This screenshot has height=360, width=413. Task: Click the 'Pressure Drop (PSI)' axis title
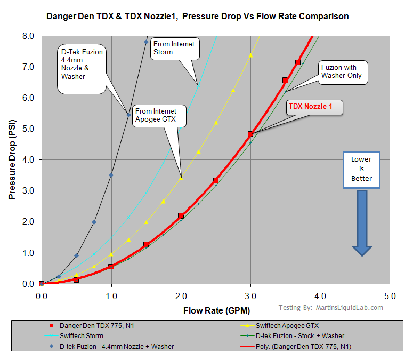tap(12, 160)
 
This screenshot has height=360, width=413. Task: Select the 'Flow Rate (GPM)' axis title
tap(216, 310)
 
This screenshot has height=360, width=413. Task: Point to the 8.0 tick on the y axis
tap(28, 36)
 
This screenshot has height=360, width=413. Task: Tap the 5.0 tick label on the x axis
tap(390, 295)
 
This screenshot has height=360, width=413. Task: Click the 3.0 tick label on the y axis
tap(28, 191)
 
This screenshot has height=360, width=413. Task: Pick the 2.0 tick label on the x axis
tap(181, 295)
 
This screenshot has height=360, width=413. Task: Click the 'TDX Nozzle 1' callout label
tap(310, 107)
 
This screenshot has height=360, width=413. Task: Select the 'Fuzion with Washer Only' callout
tap(341, 71)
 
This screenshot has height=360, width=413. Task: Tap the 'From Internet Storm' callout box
tap(173, 47)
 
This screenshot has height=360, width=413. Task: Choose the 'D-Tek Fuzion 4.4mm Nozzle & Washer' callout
tap(82, 64)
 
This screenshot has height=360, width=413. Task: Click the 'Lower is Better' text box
tap(361, 169)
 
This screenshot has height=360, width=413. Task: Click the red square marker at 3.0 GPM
tap(250, 134)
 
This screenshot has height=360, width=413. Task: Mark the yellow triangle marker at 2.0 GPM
tap(181, 178)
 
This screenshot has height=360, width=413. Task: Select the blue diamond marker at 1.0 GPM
tap(111, 175)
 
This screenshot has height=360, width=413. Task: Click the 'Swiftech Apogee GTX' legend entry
tap(283, 325)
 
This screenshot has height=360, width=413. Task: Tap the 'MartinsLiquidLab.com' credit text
tap(350, 307)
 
